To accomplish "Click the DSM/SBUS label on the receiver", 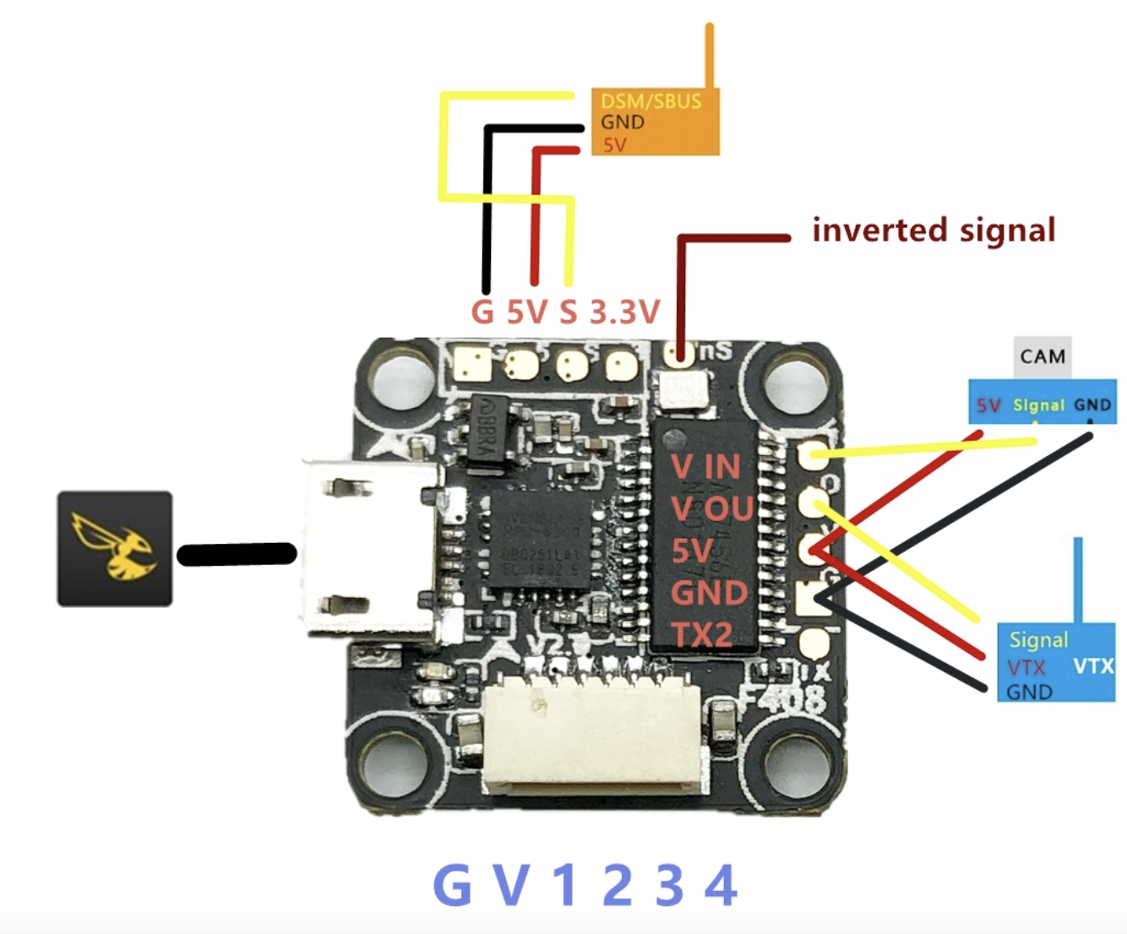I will (651, 101).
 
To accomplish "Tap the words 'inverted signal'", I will (934, 230).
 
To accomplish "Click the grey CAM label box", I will (1042, 356).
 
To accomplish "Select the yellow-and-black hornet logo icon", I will (115, 549).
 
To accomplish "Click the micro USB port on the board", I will (372, 549).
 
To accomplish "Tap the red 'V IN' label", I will (705, 466).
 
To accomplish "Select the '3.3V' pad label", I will (624, 312).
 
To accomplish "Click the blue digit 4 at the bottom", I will (721, 886).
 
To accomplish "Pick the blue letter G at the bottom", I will (453, 886).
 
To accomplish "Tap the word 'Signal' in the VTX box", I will (1038, 640).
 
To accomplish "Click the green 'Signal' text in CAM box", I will (1038, 405).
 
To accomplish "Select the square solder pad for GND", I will (814, 599).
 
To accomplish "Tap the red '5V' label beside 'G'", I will (527, 312).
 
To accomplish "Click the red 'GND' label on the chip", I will (708, 593).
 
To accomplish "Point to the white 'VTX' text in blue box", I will (1093, 666).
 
